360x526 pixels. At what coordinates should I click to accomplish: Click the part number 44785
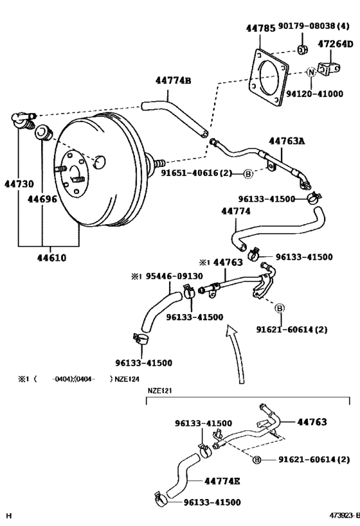tap(260, 28)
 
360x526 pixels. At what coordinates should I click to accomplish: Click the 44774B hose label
tap(173, 81)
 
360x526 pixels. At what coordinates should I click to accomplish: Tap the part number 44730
tap(19, 184)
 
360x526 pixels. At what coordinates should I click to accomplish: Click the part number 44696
tap(42, 199)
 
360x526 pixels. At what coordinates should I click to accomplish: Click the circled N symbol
tap(311, 72)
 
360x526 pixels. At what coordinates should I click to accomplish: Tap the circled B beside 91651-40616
tap(248, 174)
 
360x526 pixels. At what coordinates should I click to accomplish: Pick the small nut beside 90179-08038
tap(301, 51)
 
